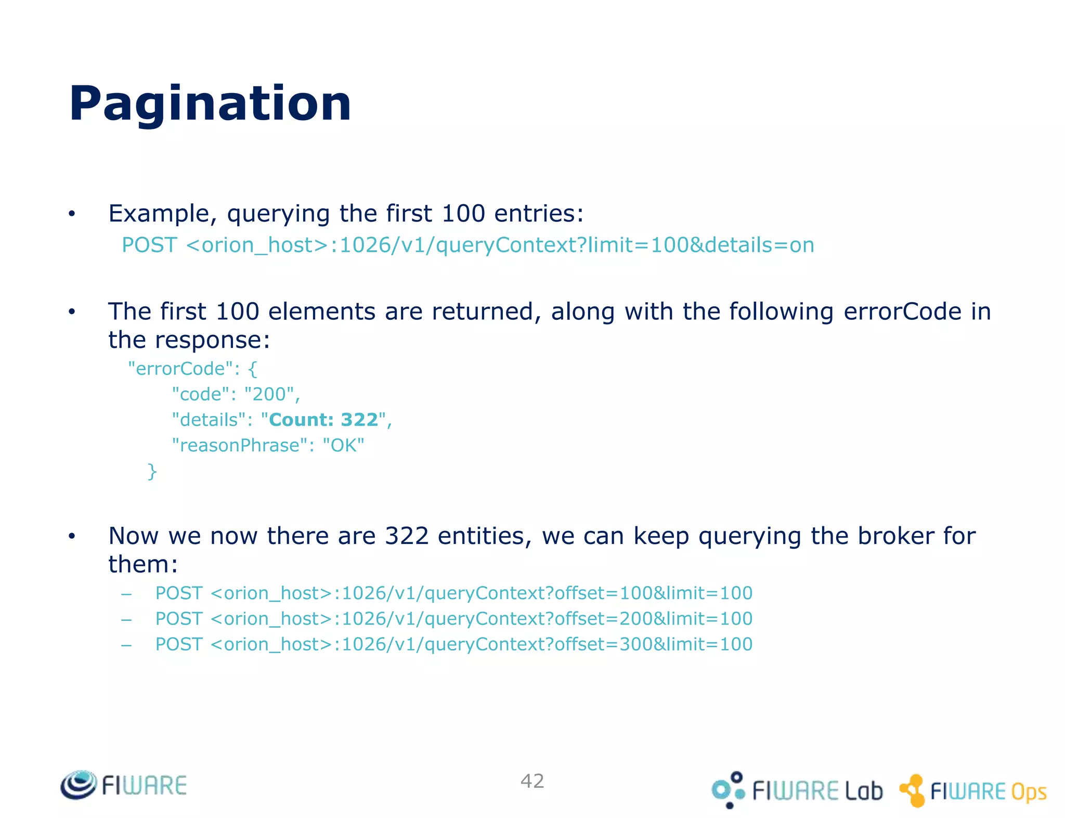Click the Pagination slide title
(210, 103)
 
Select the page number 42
(532, 781)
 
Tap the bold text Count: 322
(323, 420)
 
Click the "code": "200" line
(236, 394)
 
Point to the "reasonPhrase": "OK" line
(268, 445)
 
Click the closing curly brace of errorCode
(152, 471)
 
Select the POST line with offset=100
(453, 593)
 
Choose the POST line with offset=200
(453, 618)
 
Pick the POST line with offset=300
(453, 644)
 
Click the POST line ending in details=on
(467, 245)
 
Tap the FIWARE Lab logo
(797, 790)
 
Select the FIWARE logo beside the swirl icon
(144, 785)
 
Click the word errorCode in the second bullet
(902, 311)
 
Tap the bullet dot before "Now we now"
(72, 536)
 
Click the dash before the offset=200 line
(126, 619)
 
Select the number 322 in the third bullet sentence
(407, 536)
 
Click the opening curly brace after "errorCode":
(253, 369)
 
